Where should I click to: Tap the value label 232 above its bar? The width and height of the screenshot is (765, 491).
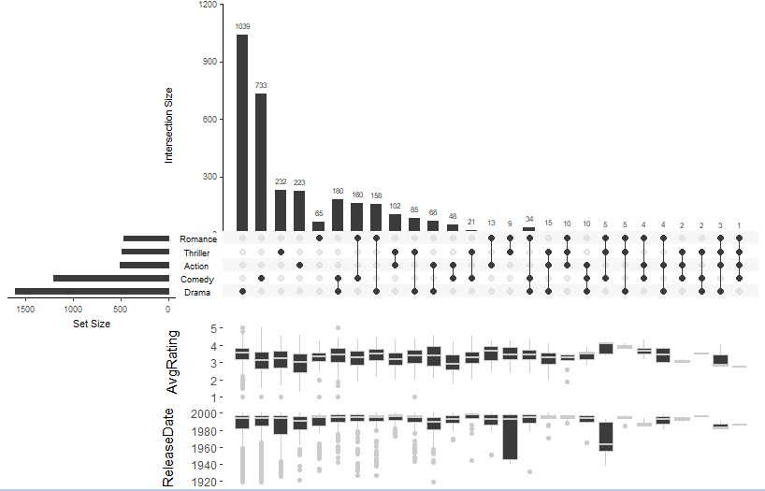(281, 181)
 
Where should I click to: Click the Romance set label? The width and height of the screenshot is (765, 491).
(198, 239)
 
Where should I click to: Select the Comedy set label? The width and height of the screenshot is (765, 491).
(197, 280)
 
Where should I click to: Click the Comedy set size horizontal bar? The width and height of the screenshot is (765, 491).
(111, 279)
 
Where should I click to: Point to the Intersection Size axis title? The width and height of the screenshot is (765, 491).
(169, 125)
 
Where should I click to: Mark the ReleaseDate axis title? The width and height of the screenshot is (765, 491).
(169, 447)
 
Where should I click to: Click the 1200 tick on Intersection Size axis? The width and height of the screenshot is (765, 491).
(206, 5)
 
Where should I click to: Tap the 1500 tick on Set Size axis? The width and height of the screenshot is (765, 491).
(25, 309)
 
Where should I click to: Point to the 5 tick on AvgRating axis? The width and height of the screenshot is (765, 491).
(214, 328)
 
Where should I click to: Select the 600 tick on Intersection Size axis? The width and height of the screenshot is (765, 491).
(209, 120)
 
